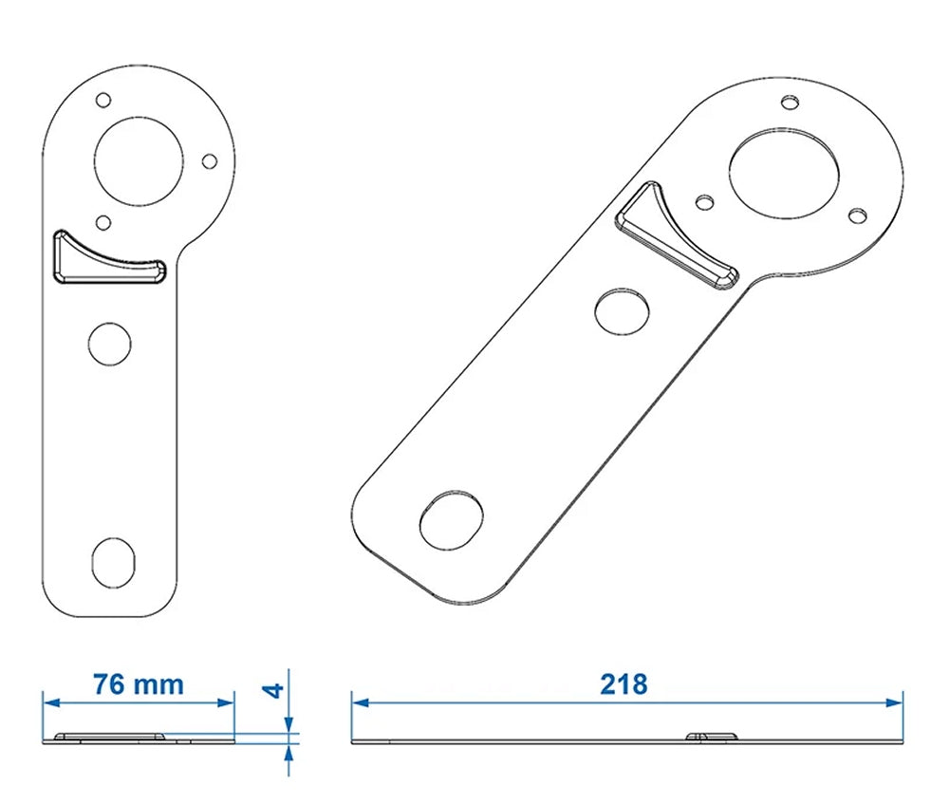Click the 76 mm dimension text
(x=138, y=684)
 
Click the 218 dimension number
(x=623, y=684)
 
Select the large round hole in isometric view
(x=784, y=173)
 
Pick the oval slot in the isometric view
(x=451, y=519)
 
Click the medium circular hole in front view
(x=109, y=343)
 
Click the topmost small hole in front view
(x=104, y=98)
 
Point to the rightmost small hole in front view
(x=210, y=160)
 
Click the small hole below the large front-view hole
(x=104, y=222)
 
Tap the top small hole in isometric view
(x=790, y=102)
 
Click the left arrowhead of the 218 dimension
(x=358, y=702)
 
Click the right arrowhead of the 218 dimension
(x=896, y=702)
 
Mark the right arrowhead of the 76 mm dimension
(x=227, y=702)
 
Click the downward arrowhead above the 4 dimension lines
(x=288, y=725)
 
